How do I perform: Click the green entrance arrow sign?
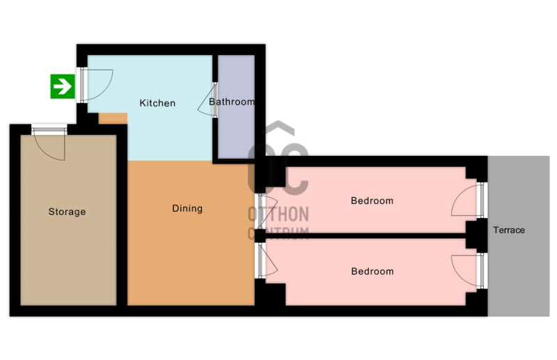coord(63,86)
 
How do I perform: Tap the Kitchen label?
coord(157,103)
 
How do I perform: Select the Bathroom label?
coord(232,102)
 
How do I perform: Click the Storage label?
coord(67,212)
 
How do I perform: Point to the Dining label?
coord(187,208)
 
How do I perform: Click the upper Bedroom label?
coord(372,201)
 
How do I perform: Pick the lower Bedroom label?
coord(372,272)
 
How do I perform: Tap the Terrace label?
coord(509,230)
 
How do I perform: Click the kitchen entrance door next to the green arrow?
coord(96,84)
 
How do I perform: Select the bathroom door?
coord(207,100)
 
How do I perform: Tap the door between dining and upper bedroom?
coord(267,212)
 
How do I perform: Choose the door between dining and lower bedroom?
coord(267,260)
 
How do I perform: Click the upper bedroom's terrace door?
coord(468,200)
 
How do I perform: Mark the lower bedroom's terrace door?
coord(468,271)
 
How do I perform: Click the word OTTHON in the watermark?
coord(278,214)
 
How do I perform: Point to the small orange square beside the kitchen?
coord(113,118)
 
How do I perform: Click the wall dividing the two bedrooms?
coord(366,235)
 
